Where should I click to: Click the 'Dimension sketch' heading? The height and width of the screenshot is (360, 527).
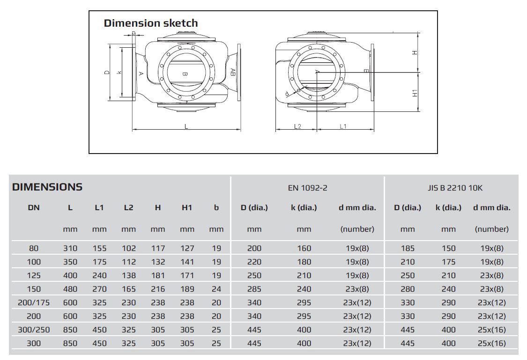[150, 23]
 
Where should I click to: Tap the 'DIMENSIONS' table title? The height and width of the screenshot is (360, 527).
[47, 187]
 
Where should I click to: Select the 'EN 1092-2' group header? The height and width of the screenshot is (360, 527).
[307, 188]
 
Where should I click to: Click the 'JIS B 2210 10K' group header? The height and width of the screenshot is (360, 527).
[455, 188]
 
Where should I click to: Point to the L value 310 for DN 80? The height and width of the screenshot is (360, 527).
[70, 249]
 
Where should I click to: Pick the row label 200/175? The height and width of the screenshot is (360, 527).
[34, 302]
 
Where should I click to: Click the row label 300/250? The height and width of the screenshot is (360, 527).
[34, 330]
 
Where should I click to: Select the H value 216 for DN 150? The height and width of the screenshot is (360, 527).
[157, 289]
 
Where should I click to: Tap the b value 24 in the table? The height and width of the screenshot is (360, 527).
[216, 289]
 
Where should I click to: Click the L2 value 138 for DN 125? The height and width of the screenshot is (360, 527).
[129, 276]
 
